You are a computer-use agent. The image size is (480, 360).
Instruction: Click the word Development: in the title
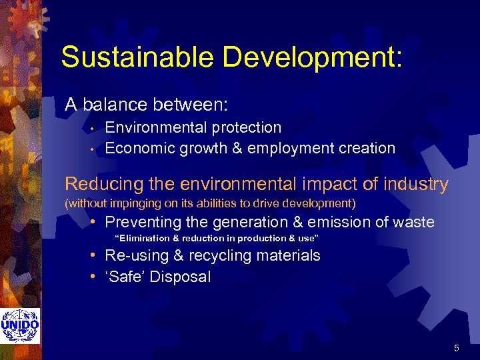click(x=313, y=57)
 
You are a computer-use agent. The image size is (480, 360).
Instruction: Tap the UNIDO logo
click(x=20, y=326)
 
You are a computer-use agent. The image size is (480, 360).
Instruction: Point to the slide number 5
click(x=456, y=348)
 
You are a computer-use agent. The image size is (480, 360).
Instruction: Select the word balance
click(x=115, y=105)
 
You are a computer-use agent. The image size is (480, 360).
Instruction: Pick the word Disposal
click(x=180, y=277)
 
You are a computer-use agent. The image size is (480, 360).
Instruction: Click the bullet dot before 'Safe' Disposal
click(x=95, y=277)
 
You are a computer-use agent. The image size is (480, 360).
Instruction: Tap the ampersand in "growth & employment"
click(x=238, y=148)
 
